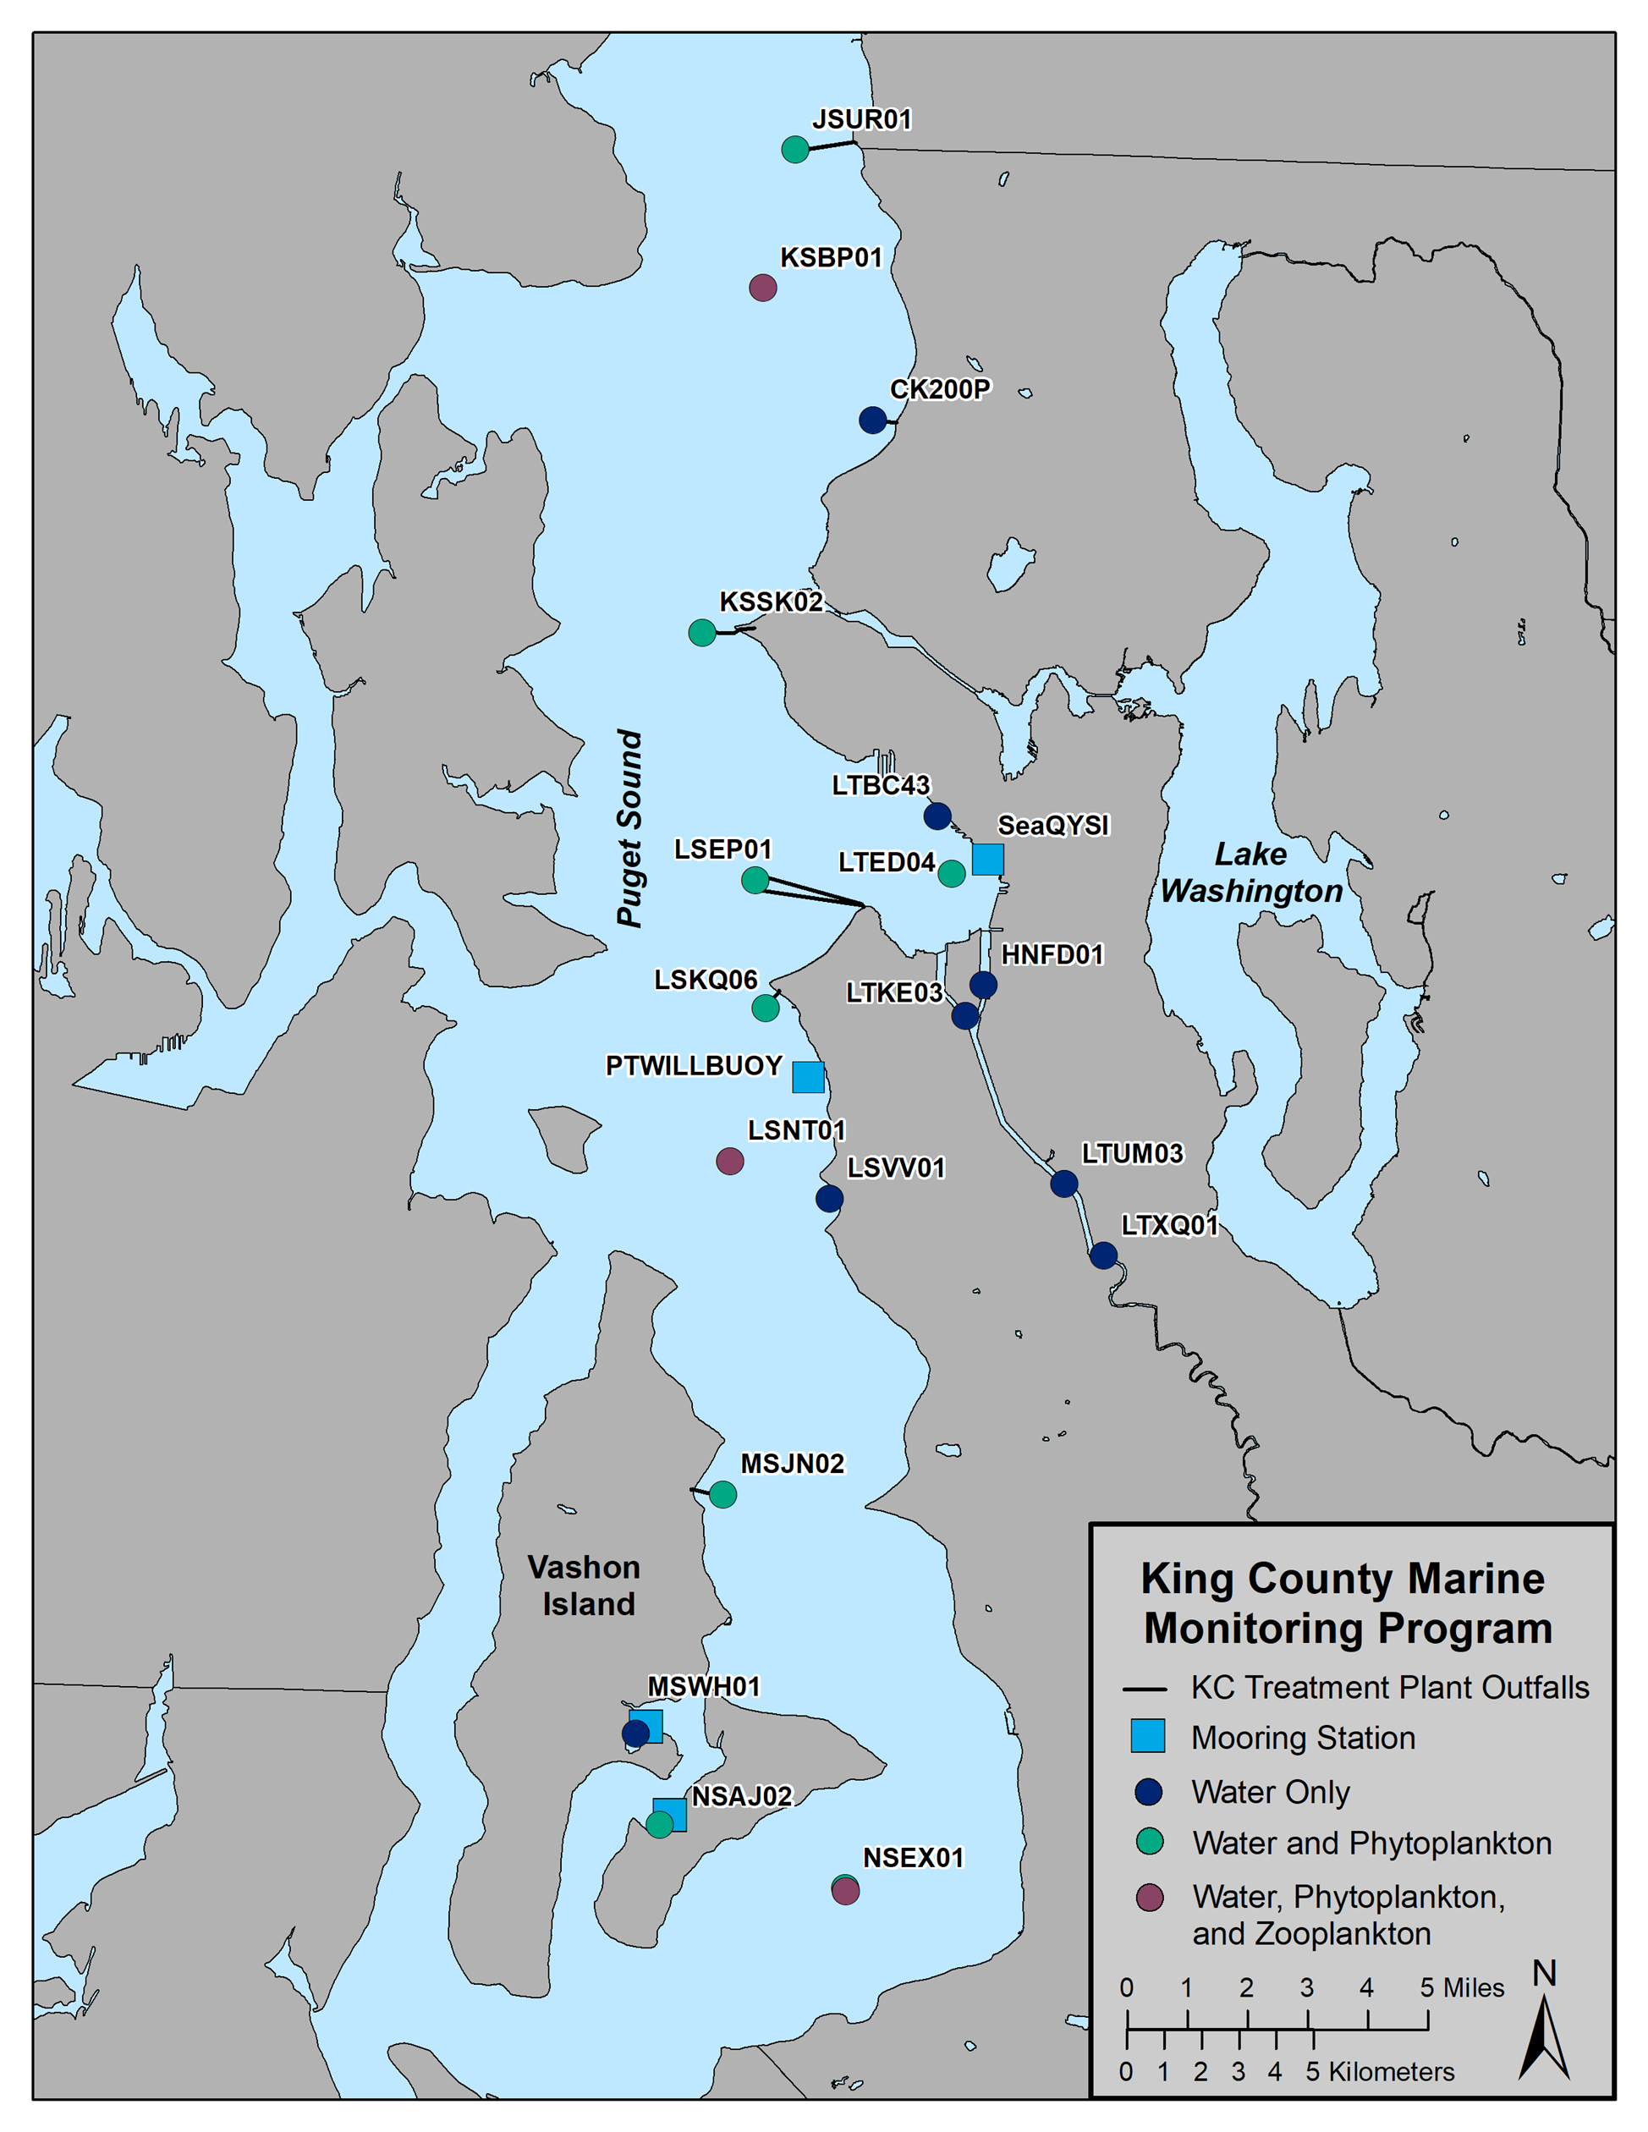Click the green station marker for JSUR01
[x=796, y=150]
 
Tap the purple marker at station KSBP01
[x=762, y=288]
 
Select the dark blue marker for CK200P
[x=873, y=420]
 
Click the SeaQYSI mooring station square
[x=988, y=859]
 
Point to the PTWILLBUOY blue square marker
[x=807, y=1077]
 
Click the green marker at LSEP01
[x=755, y=880]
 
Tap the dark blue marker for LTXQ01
[x=1103, y=1256]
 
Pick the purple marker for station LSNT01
[x=729, y=1161]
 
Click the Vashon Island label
[x=585, y=1586]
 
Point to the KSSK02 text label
[x=772, y=602]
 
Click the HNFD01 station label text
[x=1052, y=954]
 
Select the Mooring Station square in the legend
[x=1147, y=1737]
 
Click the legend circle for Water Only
[x=1149, y=1791]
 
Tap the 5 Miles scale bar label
[x=1462, y=1988]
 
